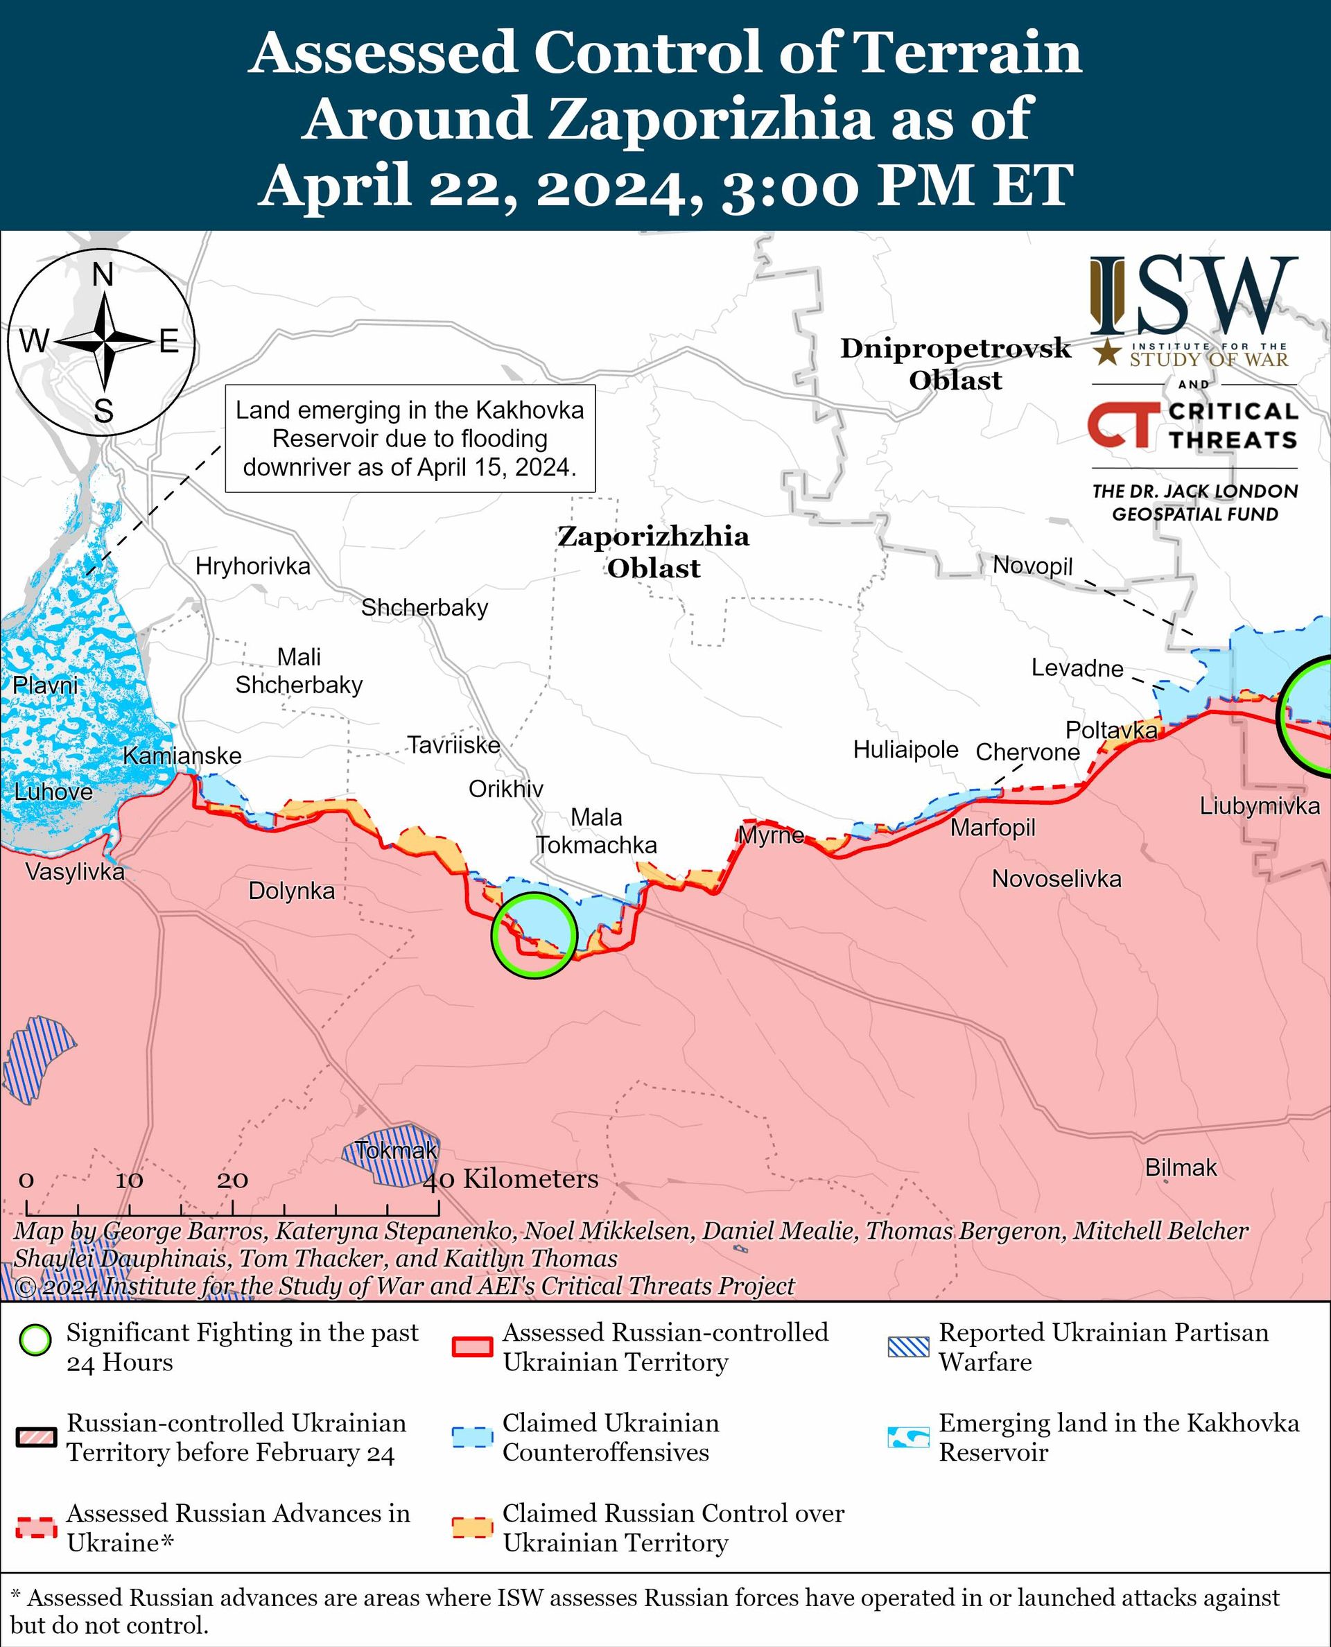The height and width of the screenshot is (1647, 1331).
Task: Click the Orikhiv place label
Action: pos(505,788)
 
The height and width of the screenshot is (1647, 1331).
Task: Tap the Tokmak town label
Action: pos(397,1150)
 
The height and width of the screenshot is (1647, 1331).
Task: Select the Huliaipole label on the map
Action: pos(905,749)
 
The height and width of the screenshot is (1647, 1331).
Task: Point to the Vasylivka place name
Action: pos(74,872)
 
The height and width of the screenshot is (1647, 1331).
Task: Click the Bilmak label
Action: pos(1181,1167)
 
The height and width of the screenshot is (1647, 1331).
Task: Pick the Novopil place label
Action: pos(1032,566)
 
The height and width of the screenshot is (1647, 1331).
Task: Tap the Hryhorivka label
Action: pos(252,566)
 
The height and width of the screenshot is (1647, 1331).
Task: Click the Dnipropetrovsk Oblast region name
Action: pos(955,363)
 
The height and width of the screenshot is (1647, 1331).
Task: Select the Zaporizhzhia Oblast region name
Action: pos(653,551)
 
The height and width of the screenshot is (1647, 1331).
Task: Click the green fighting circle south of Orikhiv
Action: pos(534,934)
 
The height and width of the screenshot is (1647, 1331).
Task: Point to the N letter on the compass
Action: pos(103,274)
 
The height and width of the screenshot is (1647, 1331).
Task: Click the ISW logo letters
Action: pos(1193,296)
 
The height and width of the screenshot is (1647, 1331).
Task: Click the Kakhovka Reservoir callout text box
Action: pos(410,439)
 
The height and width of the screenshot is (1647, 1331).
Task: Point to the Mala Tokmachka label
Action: pos(595,830)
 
